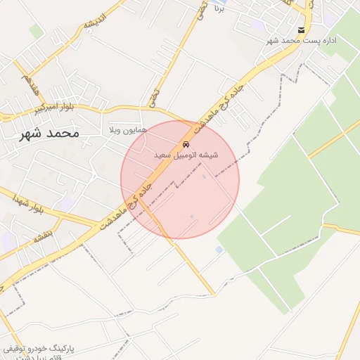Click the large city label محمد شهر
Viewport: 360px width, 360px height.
point(50,133)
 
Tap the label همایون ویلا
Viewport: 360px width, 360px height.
point(128,131)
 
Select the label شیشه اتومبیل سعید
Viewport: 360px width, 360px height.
point(186,153)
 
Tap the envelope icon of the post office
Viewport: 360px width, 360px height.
point(302,30)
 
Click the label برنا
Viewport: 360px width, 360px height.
point(219,11)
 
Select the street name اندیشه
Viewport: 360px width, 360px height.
point(94,21)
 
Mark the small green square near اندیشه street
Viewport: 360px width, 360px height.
point(36,32)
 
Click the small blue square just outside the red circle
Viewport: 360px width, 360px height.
point(219,250)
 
